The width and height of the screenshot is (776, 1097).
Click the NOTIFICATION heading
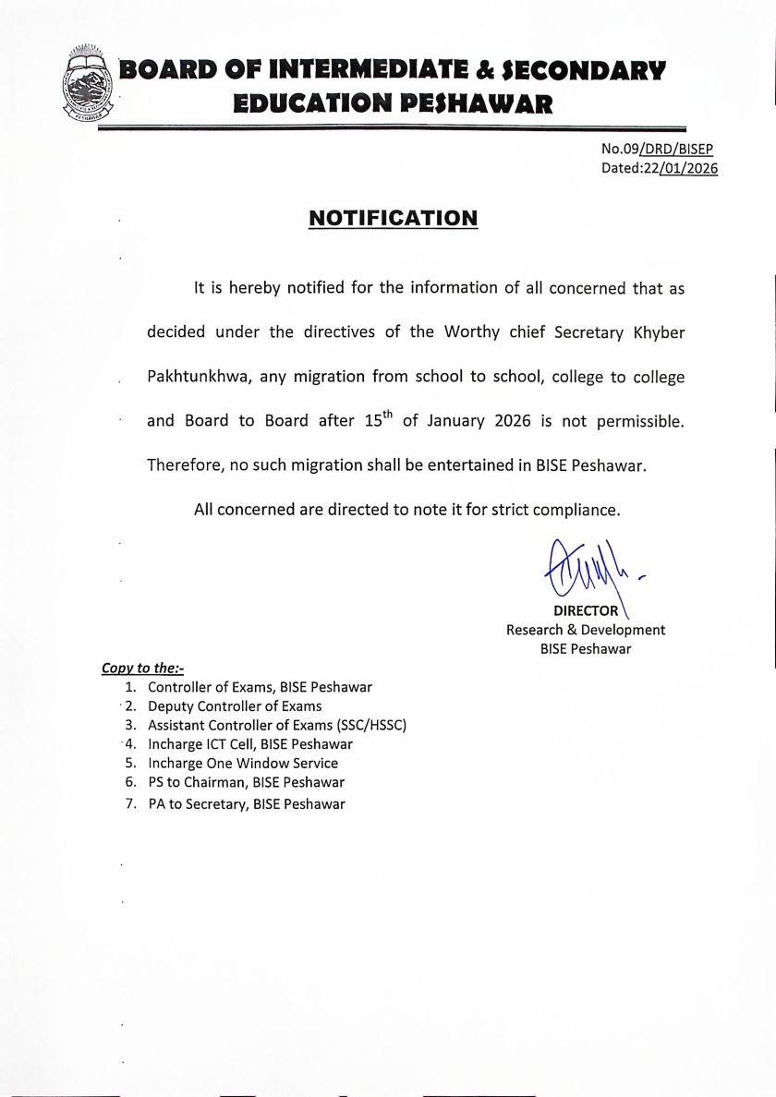pyautogui.click(x=393, y=218)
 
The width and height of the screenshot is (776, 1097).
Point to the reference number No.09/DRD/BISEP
pyautogui.click(x=657, y=149)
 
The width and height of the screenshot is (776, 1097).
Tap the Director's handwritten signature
pyautogui.click(x=582, y=573)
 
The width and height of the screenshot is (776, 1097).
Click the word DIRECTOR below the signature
pyautogui.click(x=586, y=610)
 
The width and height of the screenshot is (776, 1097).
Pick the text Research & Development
pyautogui.click(x=586, y=630)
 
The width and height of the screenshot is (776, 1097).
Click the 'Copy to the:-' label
pyautogui.click(x=142, y=669)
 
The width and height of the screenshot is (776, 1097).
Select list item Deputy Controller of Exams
pyautogui.click(x=235, y=706)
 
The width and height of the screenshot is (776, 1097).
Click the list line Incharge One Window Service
pyautogui.click(x=243, y=764)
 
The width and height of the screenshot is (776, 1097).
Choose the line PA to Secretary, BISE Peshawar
pyautogui.click(x=246, y=804)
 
